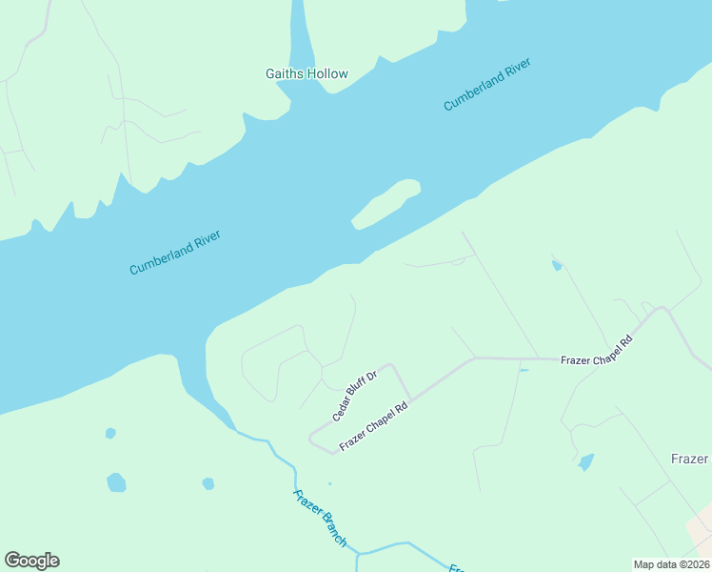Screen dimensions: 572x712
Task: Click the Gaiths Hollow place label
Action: tap(306, 73)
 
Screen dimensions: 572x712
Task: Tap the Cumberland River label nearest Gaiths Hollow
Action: tap(486, 85)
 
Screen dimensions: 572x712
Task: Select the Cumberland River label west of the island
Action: tap(175, 253)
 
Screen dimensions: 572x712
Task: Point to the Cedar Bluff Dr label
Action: tap(355, 397)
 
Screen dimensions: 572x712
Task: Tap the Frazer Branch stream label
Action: tap(319, 516)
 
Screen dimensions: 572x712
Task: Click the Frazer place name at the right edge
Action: tap(690, 459)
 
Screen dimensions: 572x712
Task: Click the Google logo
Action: tap(31, 561)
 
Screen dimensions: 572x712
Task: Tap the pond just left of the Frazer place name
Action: tap(585, 462)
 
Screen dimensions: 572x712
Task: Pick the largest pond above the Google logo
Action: tap(116, 482)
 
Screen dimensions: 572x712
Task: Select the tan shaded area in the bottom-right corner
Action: tap(702, 530)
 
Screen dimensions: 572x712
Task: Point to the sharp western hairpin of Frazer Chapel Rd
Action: tap(311, 439)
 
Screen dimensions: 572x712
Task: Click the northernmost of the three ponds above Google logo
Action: tap(110, 433)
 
